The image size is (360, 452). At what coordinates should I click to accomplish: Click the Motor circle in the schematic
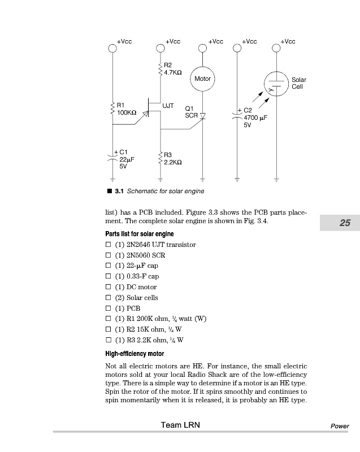coord(202,79)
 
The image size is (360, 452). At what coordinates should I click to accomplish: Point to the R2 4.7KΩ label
coord(172,69)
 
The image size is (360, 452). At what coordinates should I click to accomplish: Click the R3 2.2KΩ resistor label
coord(172,158)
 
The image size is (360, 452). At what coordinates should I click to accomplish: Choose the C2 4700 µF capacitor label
coord(254,118)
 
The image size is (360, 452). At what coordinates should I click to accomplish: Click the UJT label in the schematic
coord(168,106)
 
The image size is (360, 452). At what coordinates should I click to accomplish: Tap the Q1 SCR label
coord(191,111)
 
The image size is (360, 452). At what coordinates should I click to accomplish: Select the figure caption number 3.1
coord(119,192)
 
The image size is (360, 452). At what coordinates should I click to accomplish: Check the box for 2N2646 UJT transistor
coord(109,245)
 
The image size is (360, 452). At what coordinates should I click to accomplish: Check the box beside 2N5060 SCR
coord(109,255)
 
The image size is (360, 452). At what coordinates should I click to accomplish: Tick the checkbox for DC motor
coord(109,287)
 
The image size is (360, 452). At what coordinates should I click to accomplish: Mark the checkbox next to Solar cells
coord(109,298)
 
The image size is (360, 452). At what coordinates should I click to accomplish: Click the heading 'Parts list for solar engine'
coord(140,234)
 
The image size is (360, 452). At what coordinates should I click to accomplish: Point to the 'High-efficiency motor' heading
coord(135,354)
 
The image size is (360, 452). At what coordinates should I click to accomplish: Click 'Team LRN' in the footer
coord(180,425)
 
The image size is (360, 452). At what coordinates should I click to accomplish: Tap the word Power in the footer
coord(340,426)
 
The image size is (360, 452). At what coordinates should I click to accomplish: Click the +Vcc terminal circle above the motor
coord(202,49)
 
